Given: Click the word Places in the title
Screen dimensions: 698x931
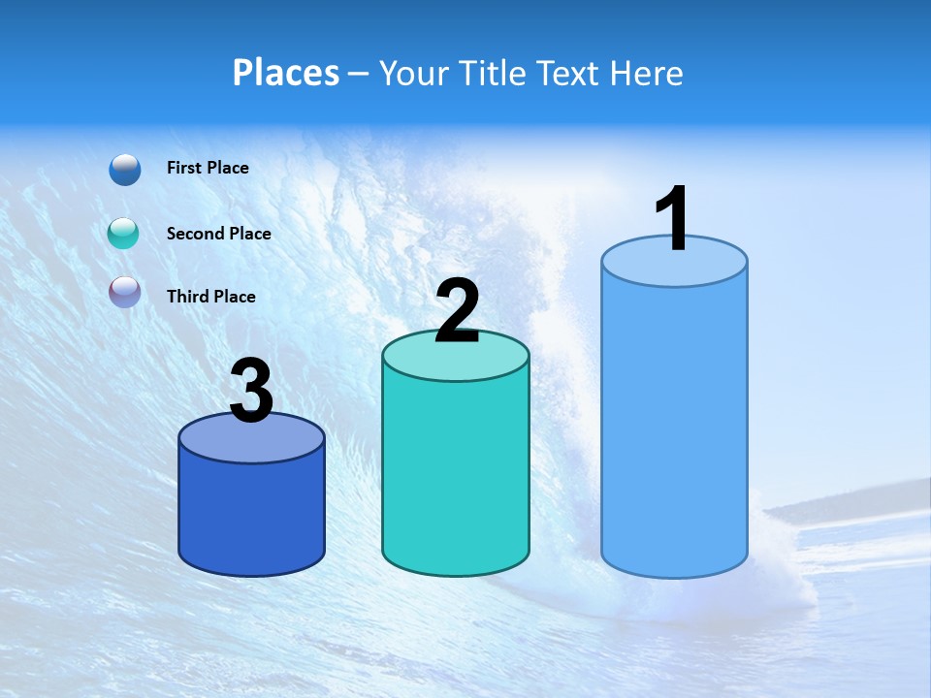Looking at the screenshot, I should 286,73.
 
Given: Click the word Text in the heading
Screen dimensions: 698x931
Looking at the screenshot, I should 568,73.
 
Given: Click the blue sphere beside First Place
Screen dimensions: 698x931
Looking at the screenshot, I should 125,169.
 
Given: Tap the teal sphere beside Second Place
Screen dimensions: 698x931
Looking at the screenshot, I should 124,234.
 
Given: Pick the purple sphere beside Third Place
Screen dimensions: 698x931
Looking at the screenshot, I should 125,291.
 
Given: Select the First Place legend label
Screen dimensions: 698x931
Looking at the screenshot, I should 208,168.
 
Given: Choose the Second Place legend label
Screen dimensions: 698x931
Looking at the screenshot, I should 218,234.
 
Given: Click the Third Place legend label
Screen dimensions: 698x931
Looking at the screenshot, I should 211,297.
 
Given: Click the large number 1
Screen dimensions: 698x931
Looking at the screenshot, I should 673,219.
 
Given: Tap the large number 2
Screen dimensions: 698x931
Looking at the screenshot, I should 457,311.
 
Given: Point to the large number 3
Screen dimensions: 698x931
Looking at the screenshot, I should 251,391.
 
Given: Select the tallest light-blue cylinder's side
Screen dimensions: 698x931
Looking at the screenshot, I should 674,427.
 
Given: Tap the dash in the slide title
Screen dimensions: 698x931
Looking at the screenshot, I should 358,74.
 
